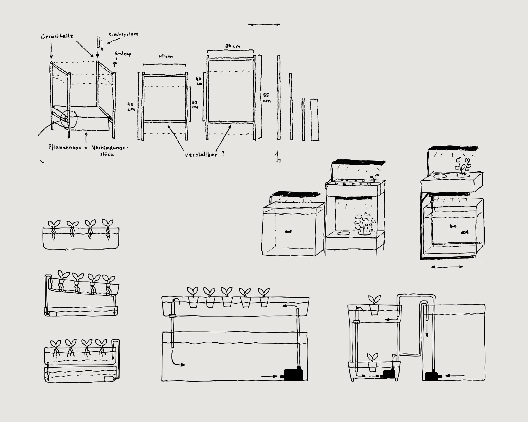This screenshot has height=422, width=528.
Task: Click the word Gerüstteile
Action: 57,36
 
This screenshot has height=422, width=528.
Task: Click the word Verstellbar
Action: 201,155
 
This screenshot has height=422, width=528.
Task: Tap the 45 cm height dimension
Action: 131,107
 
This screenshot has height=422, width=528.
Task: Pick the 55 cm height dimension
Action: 266,98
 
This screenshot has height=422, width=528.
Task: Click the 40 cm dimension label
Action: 199,81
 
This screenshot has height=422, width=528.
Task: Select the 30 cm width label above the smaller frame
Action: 165,56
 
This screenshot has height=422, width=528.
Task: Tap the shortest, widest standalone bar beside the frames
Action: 315,120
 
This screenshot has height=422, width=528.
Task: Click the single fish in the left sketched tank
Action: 288,231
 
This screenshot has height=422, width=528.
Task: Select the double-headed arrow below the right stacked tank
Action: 447,267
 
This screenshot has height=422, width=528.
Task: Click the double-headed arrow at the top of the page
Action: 264,24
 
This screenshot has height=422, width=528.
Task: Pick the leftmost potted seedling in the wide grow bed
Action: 193,297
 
